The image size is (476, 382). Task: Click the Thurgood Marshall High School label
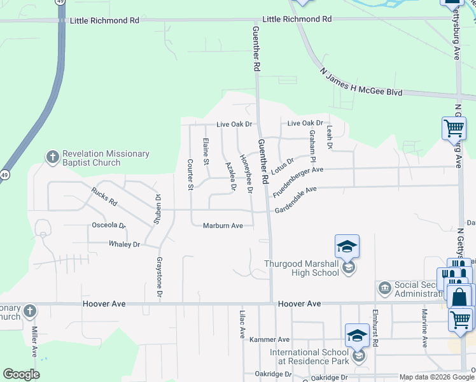tap(302, 268)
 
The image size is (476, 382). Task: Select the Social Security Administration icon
tap(384, 288)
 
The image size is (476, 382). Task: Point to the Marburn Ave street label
tap(223, 225)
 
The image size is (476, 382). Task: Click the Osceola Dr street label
tap(109, 225)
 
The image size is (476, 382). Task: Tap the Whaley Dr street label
tap(124, 244)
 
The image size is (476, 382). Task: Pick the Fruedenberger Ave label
tap(298, 178)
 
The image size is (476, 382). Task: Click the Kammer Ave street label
tap(269, 340)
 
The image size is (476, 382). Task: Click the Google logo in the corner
tap(21, 374)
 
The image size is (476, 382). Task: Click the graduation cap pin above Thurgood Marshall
tap(347, 246)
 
